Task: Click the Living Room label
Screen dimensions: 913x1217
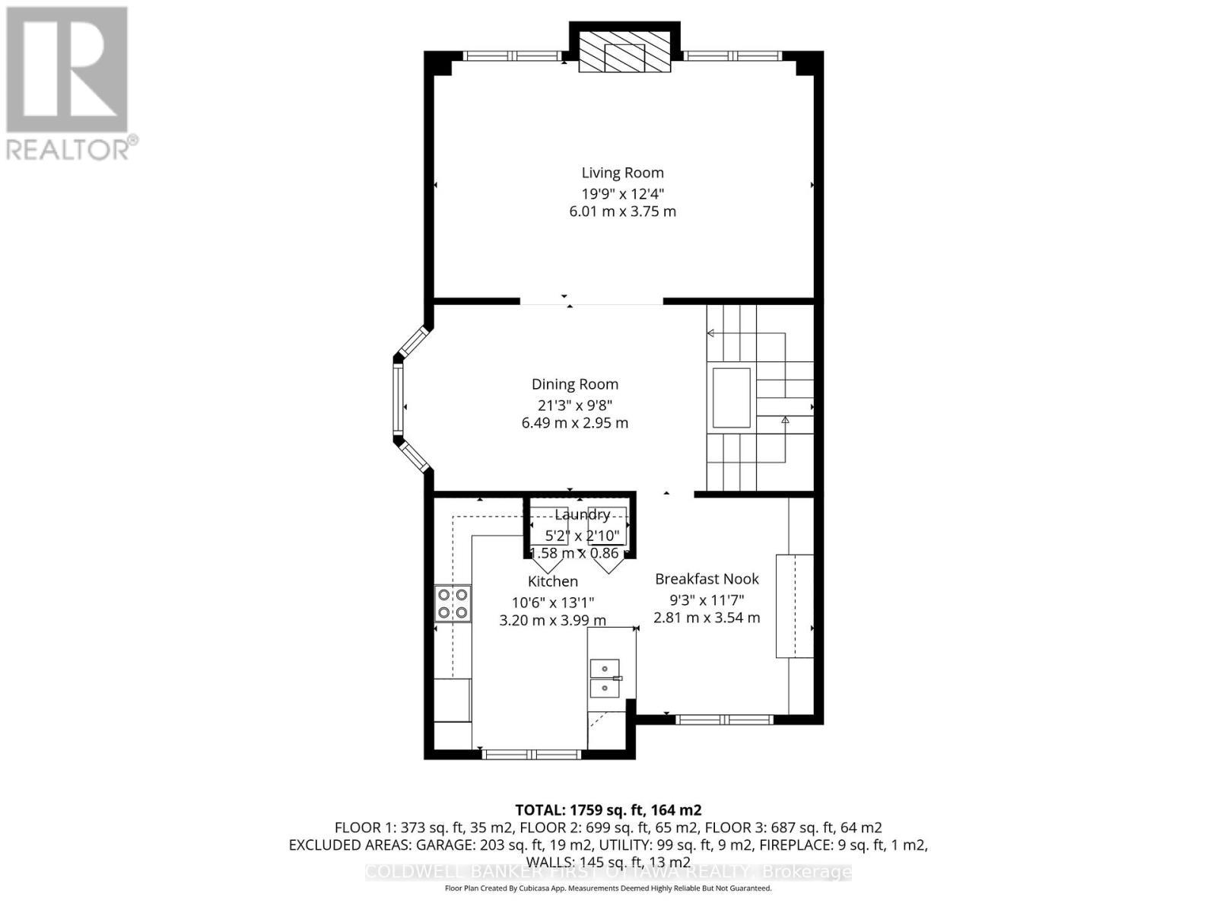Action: (x=622, y=173)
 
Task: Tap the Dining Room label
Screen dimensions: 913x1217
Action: (x=574, y=385)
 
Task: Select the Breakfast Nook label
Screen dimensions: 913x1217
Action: (x=707, y=579)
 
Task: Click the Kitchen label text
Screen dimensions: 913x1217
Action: (x=553, y=582)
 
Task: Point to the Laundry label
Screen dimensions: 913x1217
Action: (x=582, y=515)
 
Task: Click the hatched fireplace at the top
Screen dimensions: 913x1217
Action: (x=624, y=52)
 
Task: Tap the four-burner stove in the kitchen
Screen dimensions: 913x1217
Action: (x=452, y=603)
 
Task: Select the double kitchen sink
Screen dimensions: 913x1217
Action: (x=605, y=679)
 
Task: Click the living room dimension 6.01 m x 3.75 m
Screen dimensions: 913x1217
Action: (x=622, y=212)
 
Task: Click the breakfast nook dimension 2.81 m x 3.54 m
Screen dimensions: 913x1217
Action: (x=707, y=618)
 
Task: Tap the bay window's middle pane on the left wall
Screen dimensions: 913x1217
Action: (x=397, y=399)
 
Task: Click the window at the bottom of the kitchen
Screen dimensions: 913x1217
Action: (x=532, y=755)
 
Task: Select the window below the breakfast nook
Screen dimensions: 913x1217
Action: (x=724, y=719)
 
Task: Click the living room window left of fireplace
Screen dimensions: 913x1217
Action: (x=513, y=56)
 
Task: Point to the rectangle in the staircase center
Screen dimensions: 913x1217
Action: (x=731, y=398)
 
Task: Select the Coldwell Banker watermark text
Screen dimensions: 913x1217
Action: (x=608, y=872)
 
